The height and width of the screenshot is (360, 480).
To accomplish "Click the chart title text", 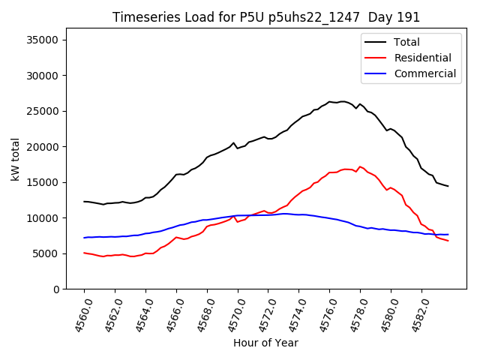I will click(266, 17).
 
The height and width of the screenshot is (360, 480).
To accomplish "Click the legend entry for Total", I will click(407, 42).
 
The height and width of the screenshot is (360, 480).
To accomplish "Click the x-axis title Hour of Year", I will click(265, 343).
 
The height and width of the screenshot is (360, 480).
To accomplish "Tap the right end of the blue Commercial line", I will click(448, 235).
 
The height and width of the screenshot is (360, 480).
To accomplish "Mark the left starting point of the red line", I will click(84, 253).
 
